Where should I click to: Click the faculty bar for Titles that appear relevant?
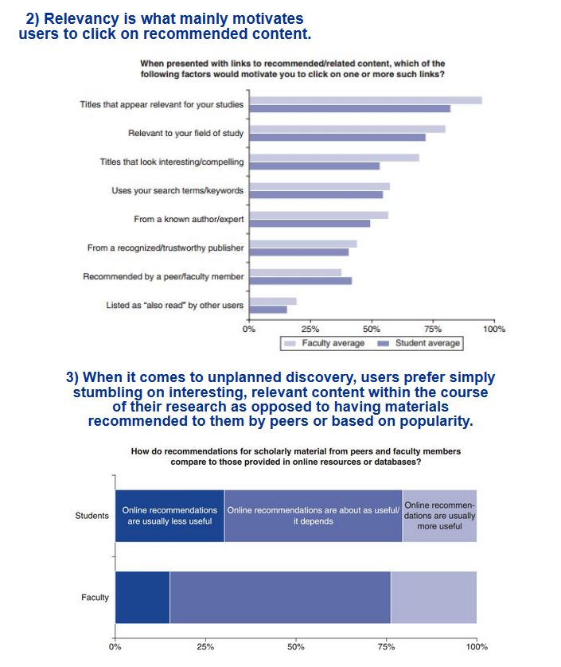[x=366, y=100]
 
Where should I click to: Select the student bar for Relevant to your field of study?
[x=337, y=138]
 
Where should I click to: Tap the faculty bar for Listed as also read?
[x=273, y=302]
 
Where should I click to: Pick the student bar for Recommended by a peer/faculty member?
[x=301, y=281]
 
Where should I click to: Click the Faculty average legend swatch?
[x=290, y=343]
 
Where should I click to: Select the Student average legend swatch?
[x=384, y=343]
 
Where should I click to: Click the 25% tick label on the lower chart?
[x=205, y=647]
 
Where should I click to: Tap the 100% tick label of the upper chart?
[x=494, y=329]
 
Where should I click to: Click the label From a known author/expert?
[x=189, y=219]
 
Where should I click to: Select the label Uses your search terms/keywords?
[x=177, y=190]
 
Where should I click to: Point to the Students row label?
[x=92, y=516]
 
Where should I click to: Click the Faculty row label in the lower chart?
[x=95, y=597]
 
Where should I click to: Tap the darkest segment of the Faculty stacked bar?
[x=142, y=597]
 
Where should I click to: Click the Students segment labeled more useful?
[x=440, y=516]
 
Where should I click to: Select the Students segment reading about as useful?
[x=314, y=516]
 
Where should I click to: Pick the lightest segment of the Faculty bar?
[x=434, y=597]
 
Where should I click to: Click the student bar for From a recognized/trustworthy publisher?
[x=299, y=252]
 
